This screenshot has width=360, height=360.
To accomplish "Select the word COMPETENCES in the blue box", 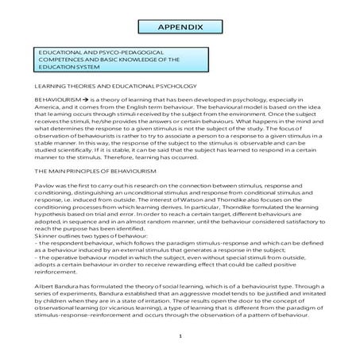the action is (x=59, y=59).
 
